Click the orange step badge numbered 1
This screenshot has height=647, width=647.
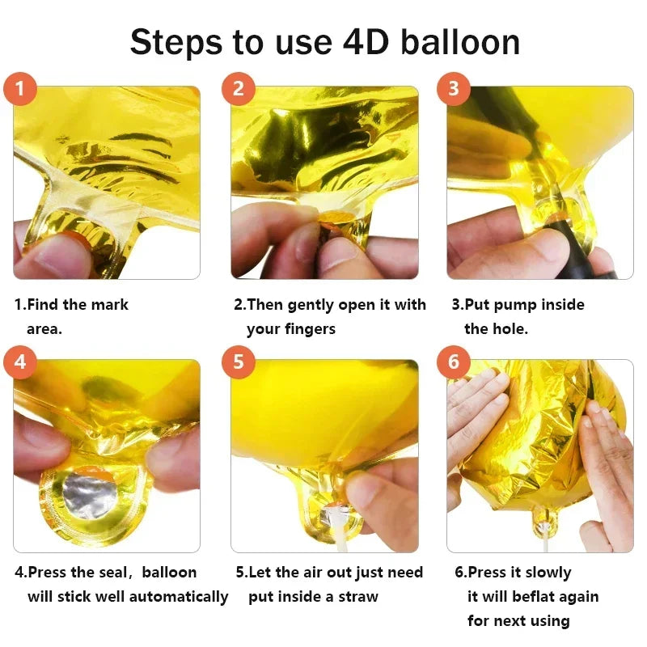[x=20, y=88]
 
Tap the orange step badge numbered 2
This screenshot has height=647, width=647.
[x=238, y=88]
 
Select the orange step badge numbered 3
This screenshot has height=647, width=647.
[x=453, y=88]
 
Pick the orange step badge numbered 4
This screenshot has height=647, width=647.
[x=20, y=362]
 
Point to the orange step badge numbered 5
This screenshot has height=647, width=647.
[x=238, y=362]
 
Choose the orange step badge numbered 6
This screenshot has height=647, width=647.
[x=453, y=362]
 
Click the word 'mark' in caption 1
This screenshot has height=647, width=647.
[x=110, y=305]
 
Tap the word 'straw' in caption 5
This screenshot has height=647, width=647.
[x=358, y=597]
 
